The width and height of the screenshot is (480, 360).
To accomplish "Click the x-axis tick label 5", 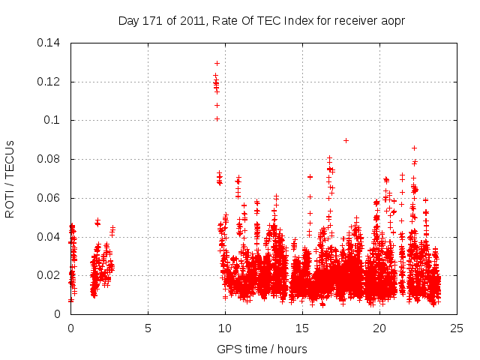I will coord(148,328).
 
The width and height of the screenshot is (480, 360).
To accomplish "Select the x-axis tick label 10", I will coord(225,328).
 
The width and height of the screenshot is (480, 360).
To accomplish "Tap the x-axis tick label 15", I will coord(302,328).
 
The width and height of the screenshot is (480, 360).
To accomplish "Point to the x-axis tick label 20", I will coord(379,328).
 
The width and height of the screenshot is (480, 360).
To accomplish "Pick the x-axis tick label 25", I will coord(457,328).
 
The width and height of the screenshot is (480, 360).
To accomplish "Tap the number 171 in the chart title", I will coord(154,20).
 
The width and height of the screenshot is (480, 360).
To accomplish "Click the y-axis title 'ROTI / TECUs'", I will coord(10,178).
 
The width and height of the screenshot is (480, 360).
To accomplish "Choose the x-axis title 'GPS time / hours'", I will coord(262,349).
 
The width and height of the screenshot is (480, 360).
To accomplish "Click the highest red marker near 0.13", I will coord(217,63).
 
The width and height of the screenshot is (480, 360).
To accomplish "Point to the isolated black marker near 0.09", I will coord(346,140).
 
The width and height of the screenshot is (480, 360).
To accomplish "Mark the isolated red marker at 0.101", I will coord(217,118).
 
